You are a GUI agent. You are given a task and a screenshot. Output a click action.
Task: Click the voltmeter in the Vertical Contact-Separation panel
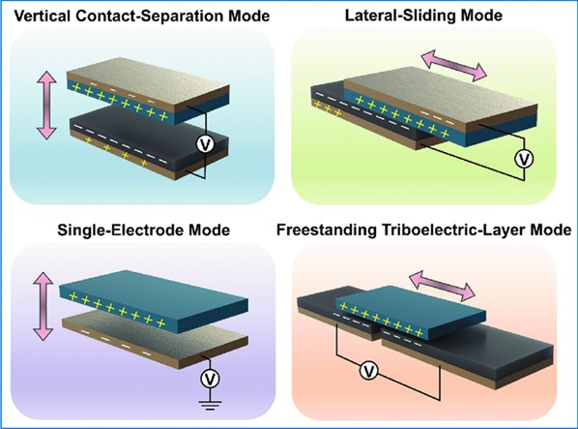205,143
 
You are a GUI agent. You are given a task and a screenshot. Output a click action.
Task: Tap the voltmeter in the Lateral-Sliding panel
524,159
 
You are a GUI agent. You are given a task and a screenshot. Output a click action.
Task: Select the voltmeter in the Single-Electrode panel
210,379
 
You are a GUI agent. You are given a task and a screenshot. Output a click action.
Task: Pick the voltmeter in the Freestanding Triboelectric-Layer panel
369,371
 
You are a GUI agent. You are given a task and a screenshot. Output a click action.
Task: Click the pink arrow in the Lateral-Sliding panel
454,66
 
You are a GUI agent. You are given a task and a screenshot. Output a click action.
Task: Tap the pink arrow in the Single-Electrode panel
43,306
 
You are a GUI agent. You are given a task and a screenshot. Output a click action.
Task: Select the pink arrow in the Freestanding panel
442,285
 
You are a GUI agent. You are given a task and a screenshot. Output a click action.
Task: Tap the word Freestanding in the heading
327,230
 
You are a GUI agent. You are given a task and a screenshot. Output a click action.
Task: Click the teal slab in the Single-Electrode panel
154,300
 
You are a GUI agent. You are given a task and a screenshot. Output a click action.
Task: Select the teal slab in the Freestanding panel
411,312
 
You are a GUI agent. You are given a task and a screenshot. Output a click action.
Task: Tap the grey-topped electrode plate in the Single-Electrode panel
155,340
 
